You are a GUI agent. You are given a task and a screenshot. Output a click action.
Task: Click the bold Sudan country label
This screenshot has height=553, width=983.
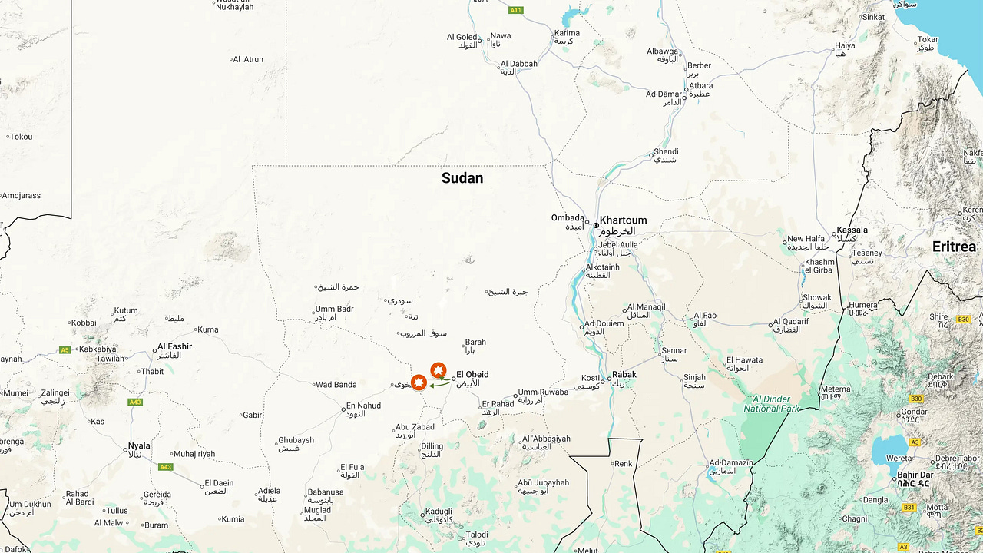[x=462, y=178]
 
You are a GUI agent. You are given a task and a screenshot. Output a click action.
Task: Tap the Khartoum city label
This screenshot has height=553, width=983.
[x=623, y=220]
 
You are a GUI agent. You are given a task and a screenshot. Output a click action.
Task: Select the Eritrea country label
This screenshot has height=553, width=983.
[x=954, y=247]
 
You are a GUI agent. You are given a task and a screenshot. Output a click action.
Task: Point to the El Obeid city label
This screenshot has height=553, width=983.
[x=472, y=375]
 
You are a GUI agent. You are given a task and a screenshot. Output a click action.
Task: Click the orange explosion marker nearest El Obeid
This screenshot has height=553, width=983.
[x=439, y=370]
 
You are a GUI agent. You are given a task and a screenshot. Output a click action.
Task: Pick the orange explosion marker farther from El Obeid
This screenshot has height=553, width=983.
[x=419, y=382]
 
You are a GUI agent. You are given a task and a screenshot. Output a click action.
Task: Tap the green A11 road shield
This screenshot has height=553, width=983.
[x=516, y=10]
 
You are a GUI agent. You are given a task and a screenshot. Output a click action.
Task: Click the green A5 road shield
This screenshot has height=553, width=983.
[x=65, y=350]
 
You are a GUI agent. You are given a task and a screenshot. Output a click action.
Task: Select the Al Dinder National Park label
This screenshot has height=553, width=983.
[x=771, y=404]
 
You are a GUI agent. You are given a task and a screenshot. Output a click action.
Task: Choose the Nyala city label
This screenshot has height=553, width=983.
[x=140, y=445]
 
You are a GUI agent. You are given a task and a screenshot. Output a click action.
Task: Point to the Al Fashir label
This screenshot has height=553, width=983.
[x=174, y=346]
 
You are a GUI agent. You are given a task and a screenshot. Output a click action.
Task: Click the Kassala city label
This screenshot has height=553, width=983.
[x=852, y=230]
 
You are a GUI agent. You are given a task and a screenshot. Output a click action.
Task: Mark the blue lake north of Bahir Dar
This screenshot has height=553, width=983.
[x=889, y=450]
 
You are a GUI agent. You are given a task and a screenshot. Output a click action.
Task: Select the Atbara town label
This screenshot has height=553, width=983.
[x=700, y=86]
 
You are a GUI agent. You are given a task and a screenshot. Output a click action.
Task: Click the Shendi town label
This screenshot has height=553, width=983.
[x=666, y=152]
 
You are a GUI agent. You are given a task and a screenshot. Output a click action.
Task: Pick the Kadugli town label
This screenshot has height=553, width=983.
[x=439, y=511]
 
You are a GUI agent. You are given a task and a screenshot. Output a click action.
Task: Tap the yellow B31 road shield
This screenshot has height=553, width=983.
[x=909, y=508]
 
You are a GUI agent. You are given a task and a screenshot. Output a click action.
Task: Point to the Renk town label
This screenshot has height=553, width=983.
[x=623, y=463]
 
